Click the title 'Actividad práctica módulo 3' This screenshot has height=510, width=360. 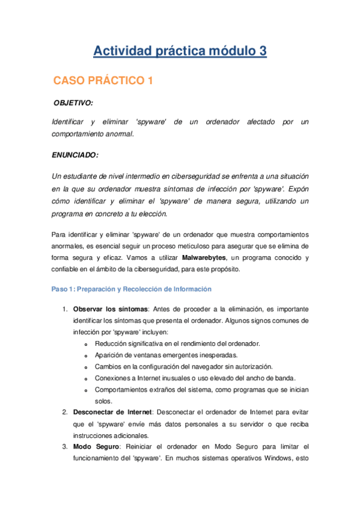point(180,52)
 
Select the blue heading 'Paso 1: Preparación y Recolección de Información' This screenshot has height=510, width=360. point(132,289)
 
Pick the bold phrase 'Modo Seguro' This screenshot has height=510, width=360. point(92,447)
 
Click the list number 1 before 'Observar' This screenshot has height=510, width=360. point(64,309)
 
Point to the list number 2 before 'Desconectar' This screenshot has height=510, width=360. point(64,412)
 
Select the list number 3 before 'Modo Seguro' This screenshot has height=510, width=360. point(64,447)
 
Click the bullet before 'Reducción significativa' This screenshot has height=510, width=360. point(87,344)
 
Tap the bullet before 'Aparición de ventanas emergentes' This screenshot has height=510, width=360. point(87,355)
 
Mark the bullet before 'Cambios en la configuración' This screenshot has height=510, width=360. point(87,367)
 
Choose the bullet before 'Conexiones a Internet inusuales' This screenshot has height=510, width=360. point(87,378)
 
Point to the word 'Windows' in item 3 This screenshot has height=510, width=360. point(276,458)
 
